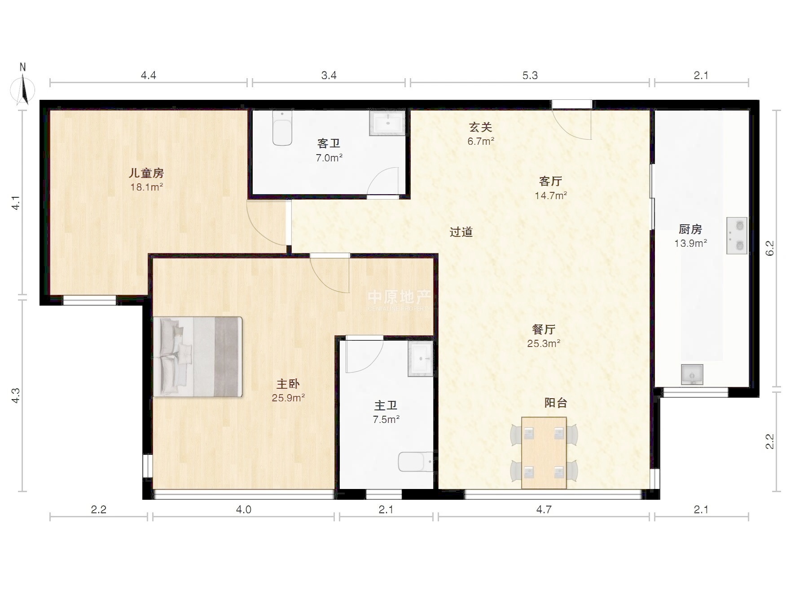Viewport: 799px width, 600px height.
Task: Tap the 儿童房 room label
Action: coord(146,173)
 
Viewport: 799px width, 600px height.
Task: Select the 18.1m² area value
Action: coord(146,187)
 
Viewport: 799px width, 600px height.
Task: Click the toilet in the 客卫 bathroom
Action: coord(282,128)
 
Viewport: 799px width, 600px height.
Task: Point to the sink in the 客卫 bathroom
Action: coord(387,123)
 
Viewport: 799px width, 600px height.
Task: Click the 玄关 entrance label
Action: coord(481,127)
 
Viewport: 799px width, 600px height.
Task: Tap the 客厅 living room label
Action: coord(550,181)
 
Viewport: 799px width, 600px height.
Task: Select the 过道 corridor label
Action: coord(461,232)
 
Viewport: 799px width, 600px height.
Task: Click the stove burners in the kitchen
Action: coord(737,236)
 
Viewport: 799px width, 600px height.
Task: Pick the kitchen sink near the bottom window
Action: coord(692,374)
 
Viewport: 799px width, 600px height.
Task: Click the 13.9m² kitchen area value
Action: coord(691,243)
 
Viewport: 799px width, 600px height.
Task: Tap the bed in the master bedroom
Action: coord(198,357)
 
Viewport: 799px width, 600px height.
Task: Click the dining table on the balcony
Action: coord(544,453)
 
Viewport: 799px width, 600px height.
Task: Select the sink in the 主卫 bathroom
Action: coord(421,358)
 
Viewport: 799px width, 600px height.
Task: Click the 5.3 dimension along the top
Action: coord(530,75)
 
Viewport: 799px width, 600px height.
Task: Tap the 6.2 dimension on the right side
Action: coord(769,248)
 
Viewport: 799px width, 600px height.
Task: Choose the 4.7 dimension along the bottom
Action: coord(544,509)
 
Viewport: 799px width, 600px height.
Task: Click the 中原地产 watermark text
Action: coord(399,297)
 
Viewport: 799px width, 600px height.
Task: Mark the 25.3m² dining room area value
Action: coord(544,343)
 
